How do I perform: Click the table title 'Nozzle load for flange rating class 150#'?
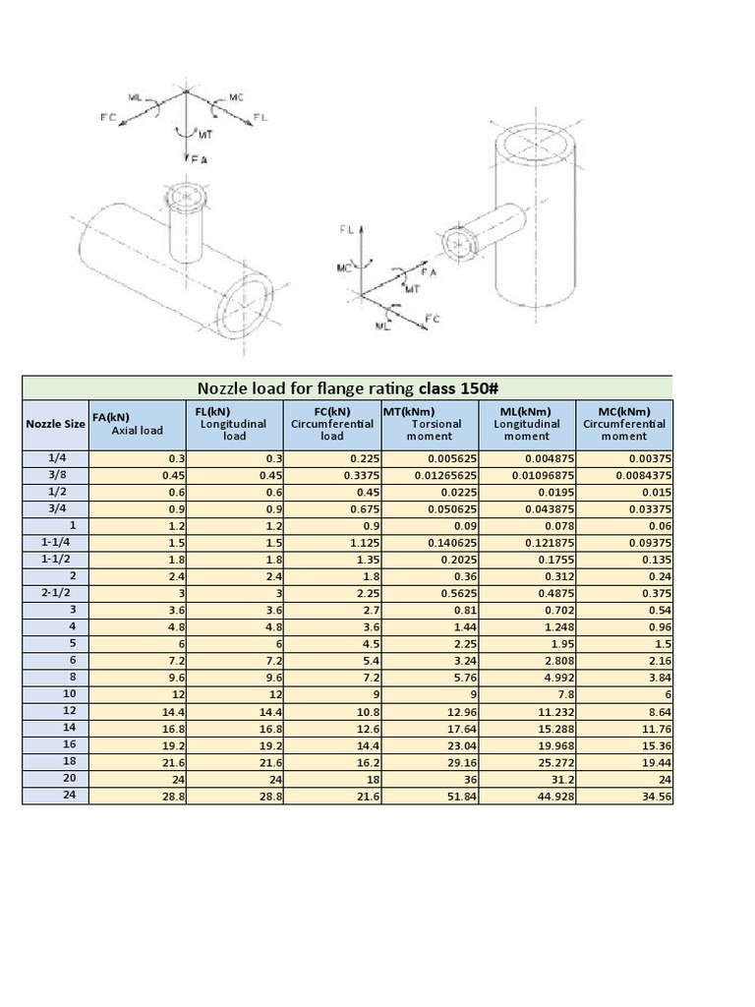tap(347, 387)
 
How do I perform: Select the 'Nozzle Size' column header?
tap(55, 424)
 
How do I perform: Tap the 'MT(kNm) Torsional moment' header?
tap(430, 424)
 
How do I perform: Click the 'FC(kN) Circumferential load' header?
tap(332, 424)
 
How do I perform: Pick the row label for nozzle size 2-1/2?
tap(55, 592)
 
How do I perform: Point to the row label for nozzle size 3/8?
tap(55, 474)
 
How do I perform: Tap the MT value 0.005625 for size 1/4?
tap(451, 457)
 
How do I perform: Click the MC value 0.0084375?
tap(638, 474)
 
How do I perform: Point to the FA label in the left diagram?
tap(200, 158)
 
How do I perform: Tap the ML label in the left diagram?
tap(135, 96)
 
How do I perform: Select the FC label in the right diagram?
tap(431, 319)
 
